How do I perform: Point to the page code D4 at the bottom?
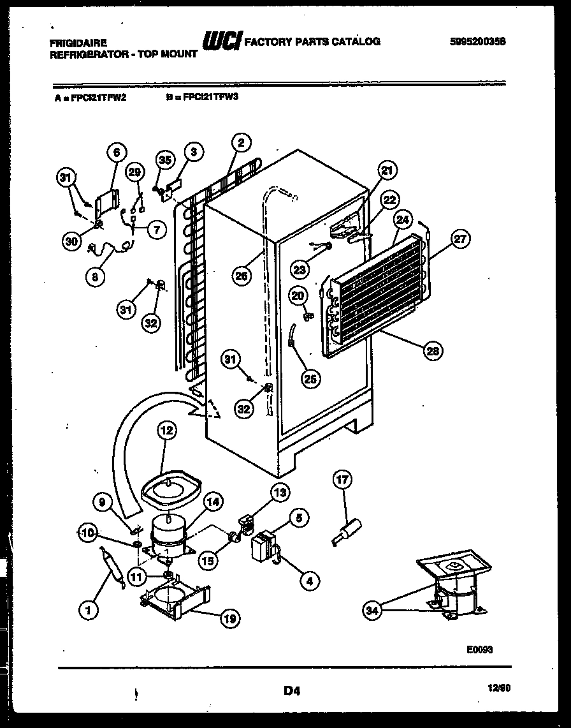tap(291, 690)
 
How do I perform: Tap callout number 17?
tap(343, 479)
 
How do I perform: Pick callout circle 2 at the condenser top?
tap(240, 144)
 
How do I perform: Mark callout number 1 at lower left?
tap(89, 611)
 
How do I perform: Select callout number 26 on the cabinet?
tap(241, 275)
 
